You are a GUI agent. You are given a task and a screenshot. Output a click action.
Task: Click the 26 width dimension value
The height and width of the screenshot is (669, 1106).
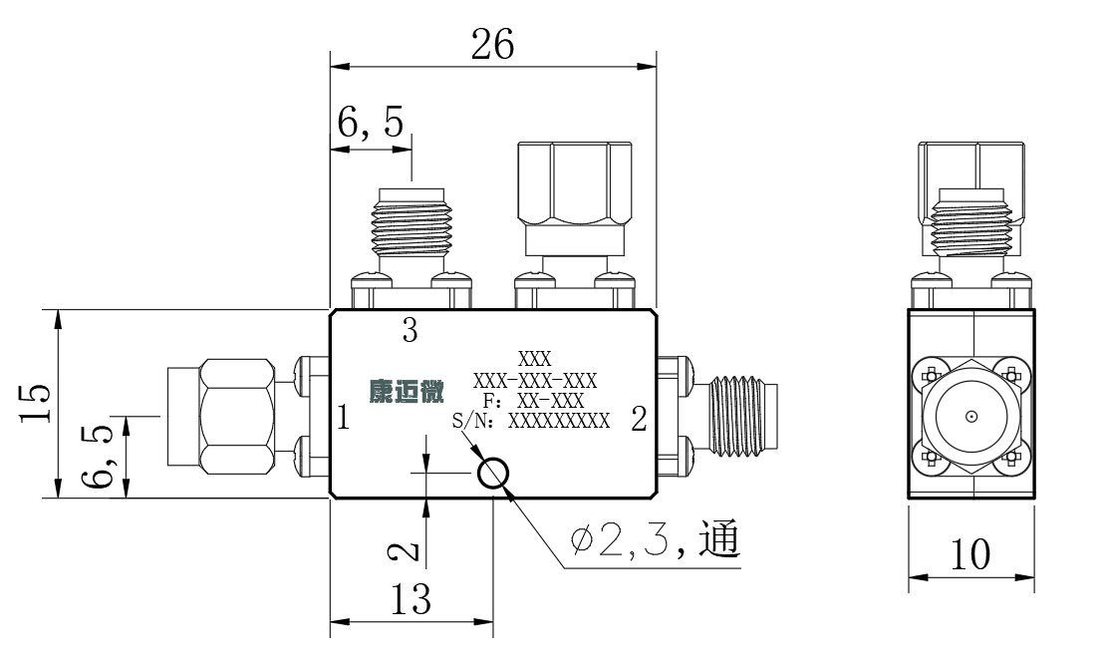pyautogui.click(x=493, y=45)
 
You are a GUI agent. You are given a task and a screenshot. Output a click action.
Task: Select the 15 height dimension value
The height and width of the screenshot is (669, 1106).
pyautogui.click(x=35, y=403)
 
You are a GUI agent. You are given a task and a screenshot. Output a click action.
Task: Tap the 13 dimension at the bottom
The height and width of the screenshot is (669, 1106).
pyautogui.click(x=411, y=600)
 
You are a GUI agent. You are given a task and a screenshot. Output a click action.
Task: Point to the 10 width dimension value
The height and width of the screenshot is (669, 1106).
pyautogui.click(x=970, y=554)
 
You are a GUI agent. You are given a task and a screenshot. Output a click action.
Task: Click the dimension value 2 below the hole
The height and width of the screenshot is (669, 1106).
pyautogui.click(x=406, y=550)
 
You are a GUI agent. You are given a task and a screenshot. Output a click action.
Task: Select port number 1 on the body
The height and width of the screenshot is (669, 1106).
pyautogui.click(x=343, y=418)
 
